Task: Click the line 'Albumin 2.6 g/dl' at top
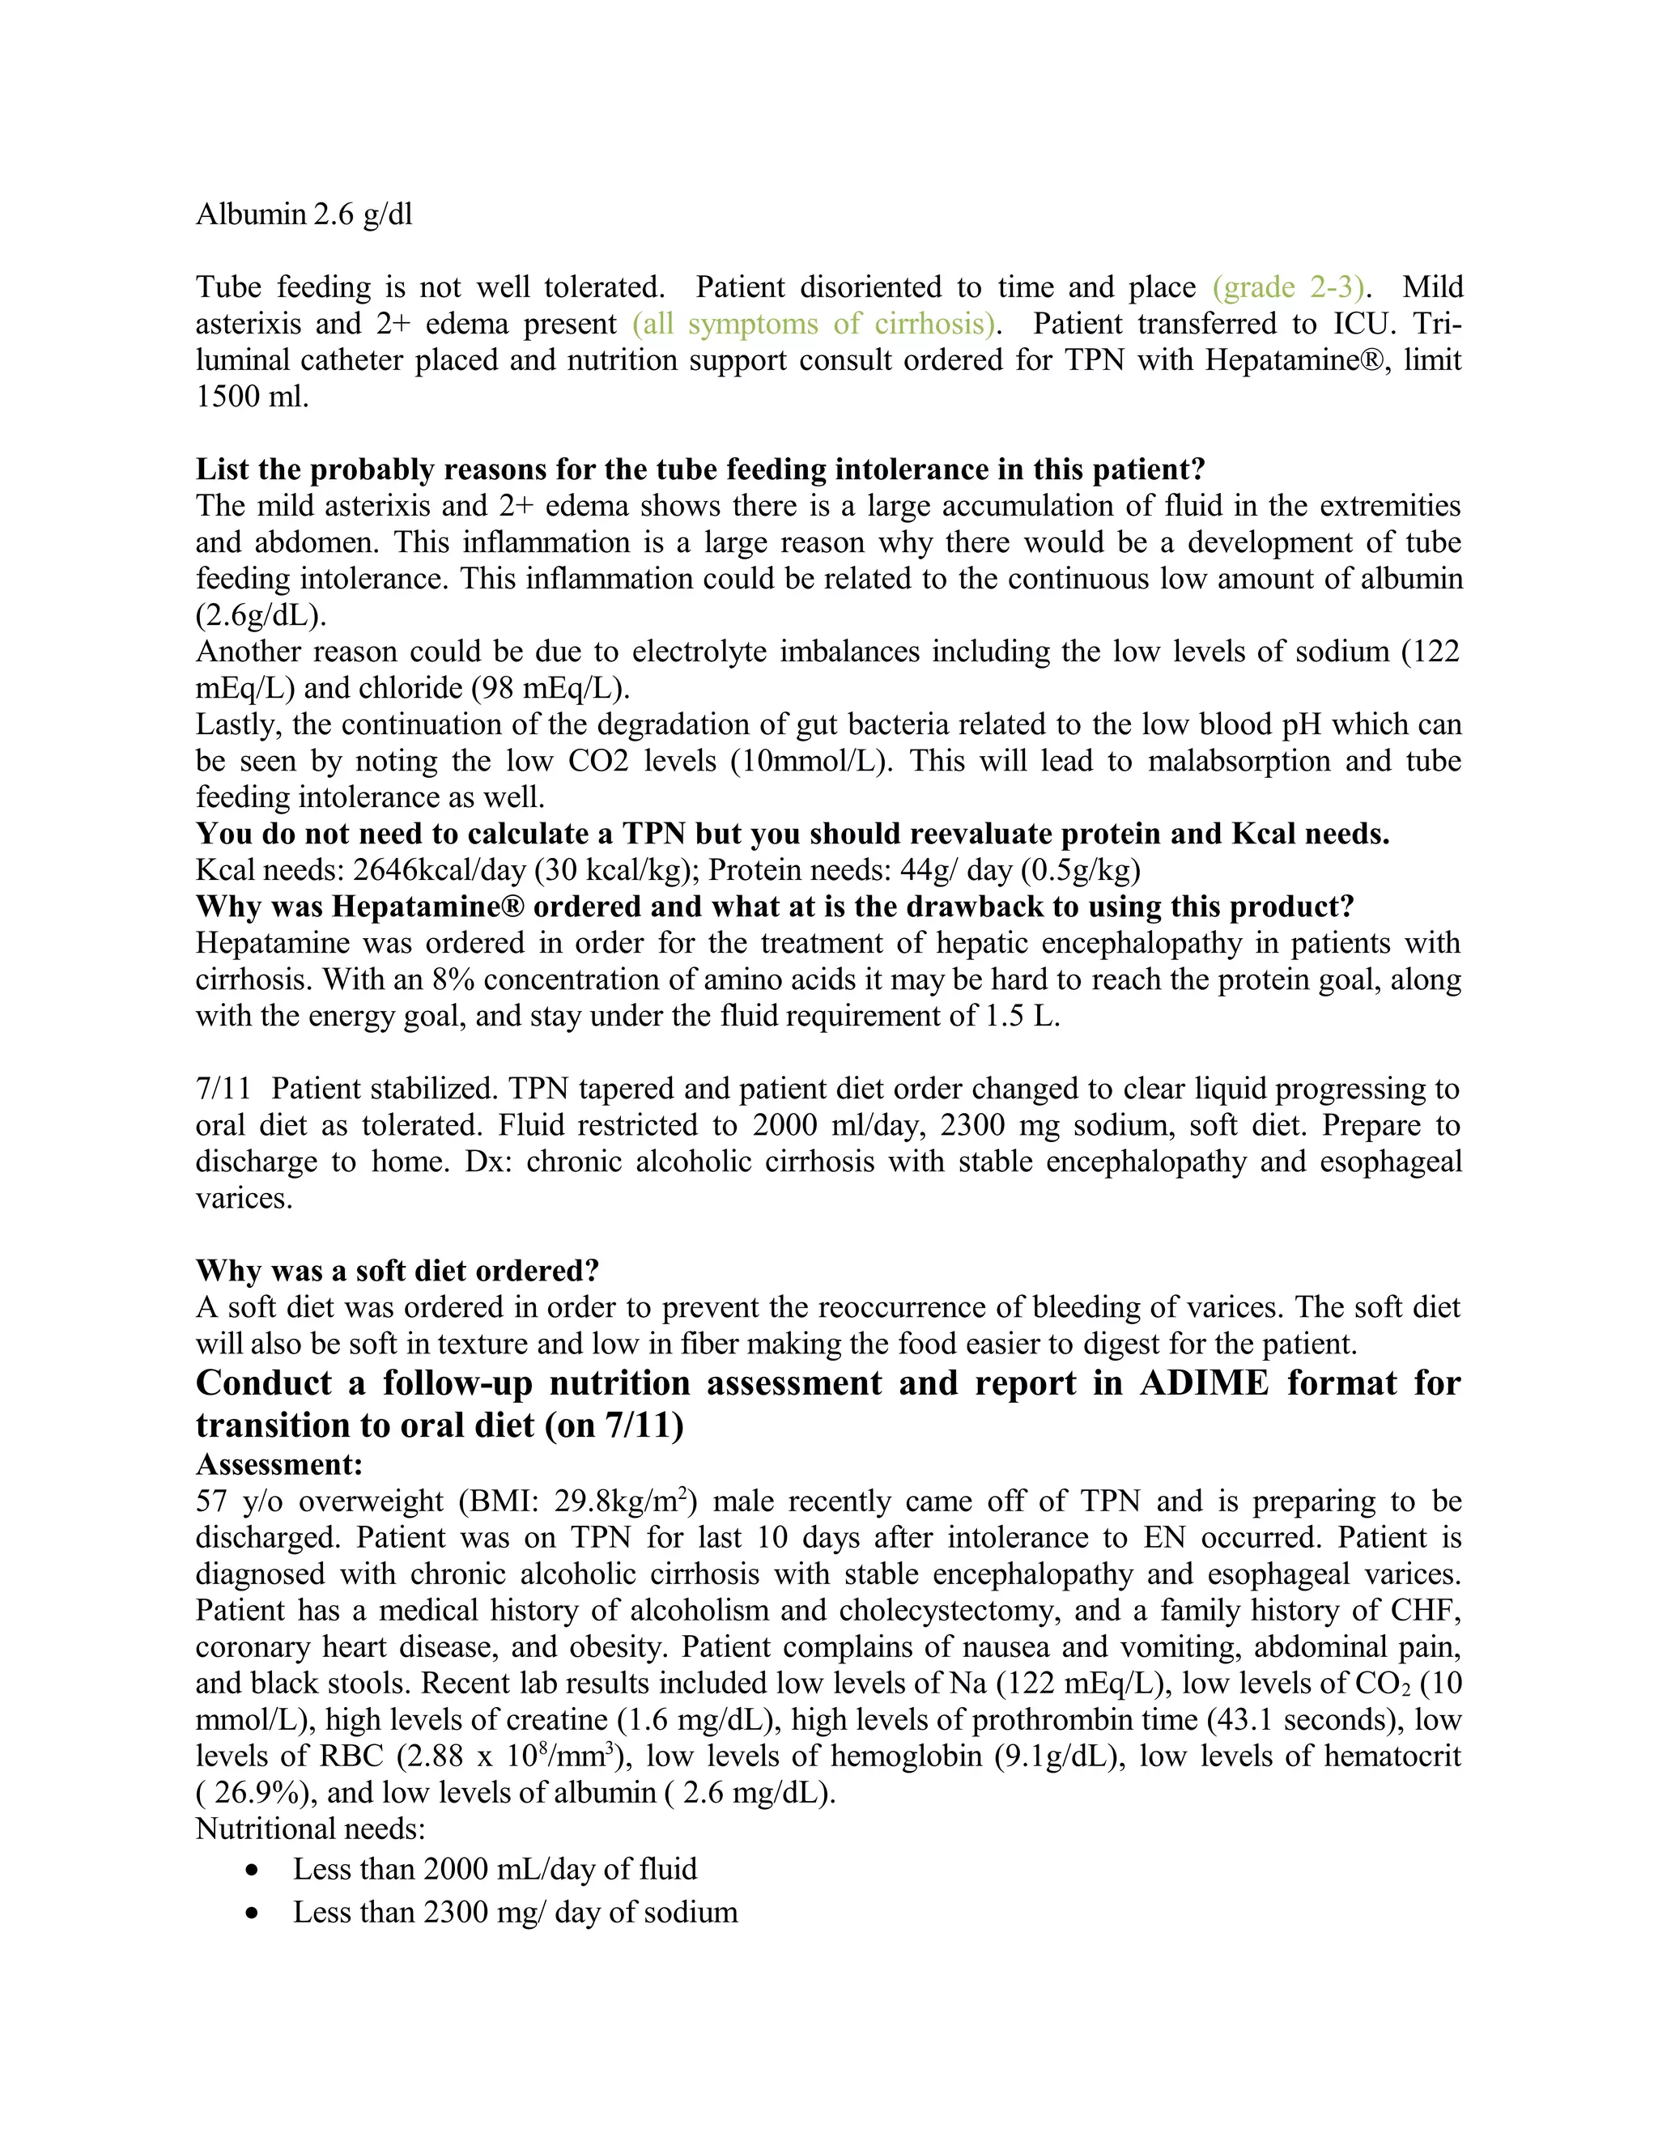[304, 214]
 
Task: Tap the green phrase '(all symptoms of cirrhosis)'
[814, 323]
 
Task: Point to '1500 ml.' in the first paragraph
[253, 397]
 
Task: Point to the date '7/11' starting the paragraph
[222, 1088]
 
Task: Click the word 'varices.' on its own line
[244, 1198]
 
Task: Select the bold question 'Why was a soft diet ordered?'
[397, 1271]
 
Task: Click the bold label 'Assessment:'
[279, 1464]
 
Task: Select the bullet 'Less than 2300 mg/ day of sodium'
[515, 1912]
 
